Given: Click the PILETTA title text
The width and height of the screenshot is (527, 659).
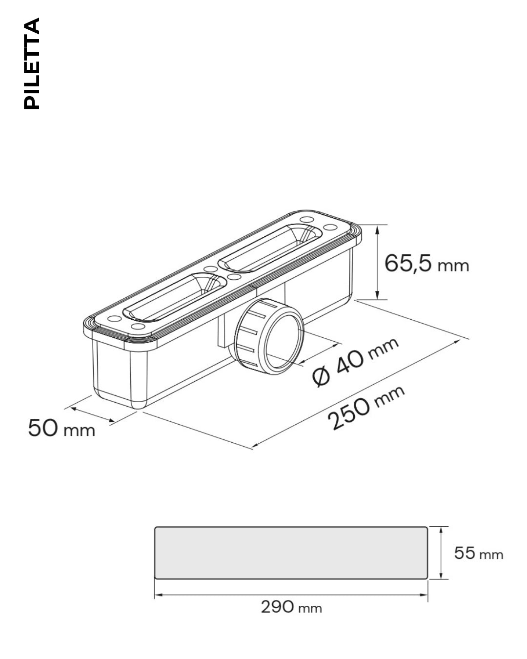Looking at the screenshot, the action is [32, 63].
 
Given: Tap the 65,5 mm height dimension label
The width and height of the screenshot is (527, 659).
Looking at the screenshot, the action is [426, 264].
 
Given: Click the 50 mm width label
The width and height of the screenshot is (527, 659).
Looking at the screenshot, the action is [61, 428].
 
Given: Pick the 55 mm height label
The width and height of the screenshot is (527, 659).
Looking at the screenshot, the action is [479, 553].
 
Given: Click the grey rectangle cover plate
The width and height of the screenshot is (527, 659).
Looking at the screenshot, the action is [291, 553].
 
